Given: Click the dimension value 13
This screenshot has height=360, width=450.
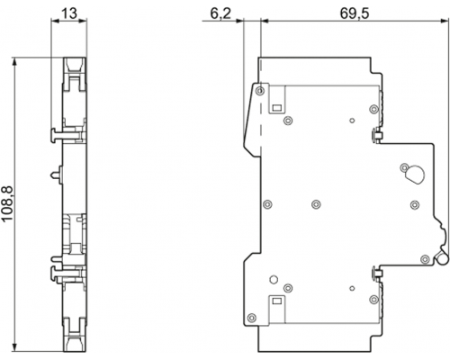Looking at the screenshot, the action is [69, 13].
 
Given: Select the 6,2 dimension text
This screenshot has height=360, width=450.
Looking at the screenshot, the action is [220, 13].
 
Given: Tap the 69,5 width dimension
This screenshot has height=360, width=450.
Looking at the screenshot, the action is [355, 13].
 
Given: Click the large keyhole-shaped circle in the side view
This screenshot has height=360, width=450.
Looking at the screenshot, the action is [415, 174].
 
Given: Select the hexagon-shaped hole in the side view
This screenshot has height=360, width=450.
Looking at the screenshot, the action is [274, 279].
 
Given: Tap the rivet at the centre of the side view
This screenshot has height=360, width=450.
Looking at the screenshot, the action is [316, 204].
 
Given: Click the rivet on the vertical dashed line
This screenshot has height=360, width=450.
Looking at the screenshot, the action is [260, 91].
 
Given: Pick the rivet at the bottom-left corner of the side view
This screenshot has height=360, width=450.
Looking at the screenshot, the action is [252, 317].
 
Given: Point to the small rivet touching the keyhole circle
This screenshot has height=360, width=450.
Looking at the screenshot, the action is [405, 167].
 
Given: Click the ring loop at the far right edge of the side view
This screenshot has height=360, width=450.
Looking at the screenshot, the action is [443, 258].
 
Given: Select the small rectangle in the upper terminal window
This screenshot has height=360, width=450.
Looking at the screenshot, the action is [276, 107].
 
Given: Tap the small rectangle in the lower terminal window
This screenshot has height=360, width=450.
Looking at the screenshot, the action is [276, 300].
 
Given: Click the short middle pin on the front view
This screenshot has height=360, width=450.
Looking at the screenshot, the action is [57, 174].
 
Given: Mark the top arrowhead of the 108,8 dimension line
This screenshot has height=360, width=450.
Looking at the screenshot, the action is [14, 61].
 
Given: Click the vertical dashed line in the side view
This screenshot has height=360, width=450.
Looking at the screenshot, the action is [261, 108].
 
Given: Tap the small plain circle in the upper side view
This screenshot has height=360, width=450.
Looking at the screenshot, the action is [352, 121].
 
